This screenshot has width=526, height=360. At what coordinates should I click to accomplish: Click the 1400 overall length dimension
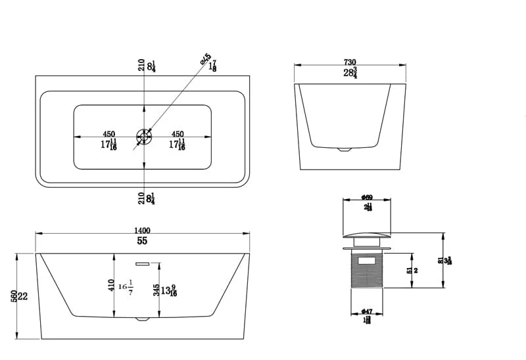tap(142, 230)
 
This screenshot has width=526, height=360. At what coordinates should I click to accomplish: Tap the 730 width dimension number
tap(349, 62)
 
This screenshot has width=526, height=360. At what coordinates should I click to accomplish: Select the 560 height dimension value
tap(14, 296)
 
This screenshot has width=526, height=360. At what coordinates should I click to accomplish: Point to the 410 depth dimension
tap(112, 286)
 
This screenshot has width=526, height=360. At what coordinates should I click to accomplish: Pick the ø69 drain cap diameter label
tap(367, 197)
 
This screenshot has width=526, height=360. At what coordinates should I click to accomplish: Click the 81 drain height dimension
tap(441, 260)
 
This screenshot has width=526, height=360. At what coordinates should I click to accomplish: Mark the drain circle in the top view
tap(143, 137)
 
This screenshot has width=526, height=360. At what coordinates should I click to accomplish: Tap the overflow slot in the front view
tap(143, 263)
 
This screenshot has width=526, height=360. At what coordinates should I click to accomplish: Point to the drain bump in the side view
tap(345, 149)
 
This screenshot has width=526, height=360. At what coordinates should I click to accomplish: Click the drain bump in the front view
tap(143, 319)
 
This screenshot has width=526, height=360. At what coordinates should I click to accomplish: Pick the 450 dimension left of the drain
tap(109, 134)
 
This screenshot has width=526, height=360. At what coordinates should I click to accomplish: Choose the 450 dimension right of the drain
tap(178, 134)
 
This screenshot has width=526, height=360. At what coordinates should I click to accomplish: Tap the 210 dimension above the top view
tap(141, 65)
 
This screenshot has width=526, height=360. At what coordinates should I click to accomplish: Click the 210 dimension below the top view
tap(141, 198)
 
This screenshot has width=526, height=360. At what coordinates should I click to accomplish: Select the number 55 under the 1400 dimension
tap(142, 241)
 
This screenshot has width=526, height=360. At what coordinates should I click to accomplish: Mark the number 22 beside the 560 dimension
tap(23, 296)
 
